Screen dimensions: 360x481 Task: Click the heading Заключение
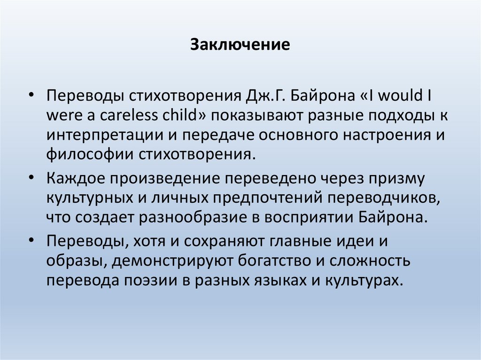click(240, 46)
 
